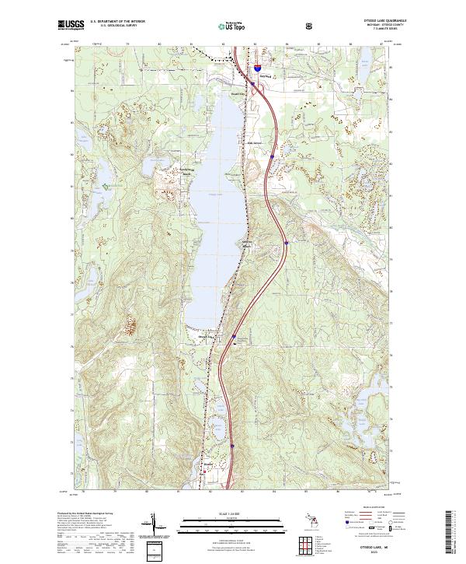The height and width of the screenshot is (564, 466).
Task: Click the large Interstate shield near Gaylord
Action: click(254, 68)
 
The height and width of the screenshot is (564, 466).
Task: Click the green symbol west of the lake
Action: click(106, 186)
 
